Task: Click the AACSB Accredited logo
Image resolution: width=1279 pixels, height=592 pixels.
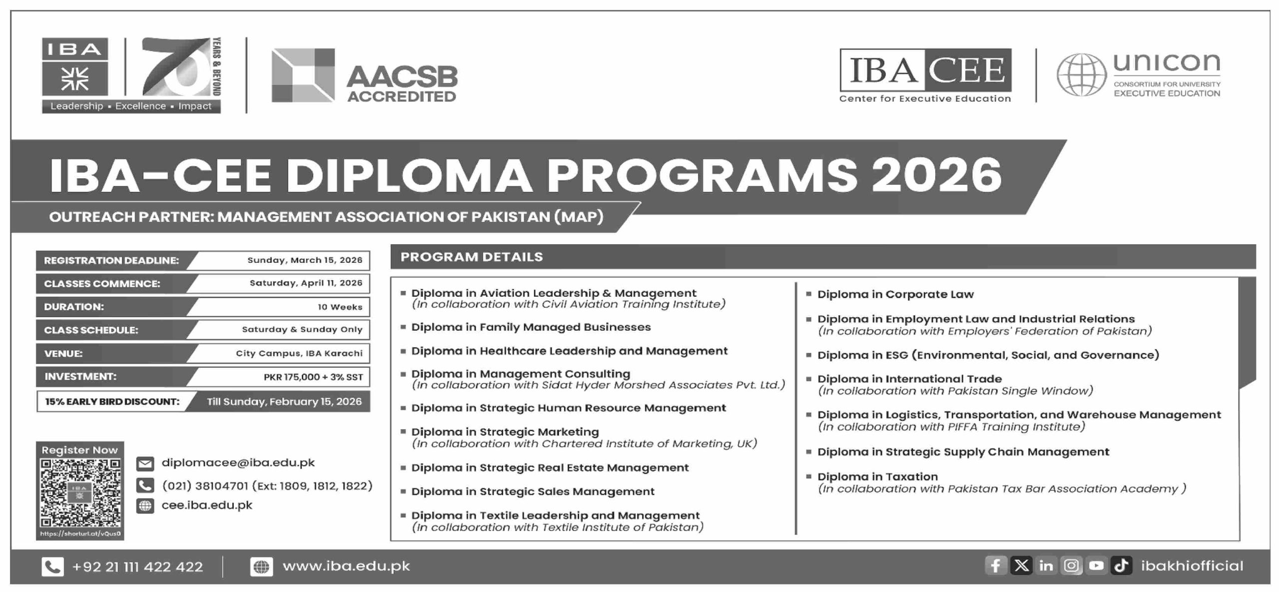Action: tap(364, 76)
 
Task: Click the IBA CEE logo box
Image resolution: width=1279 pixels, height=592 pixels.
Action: tap(925, 70)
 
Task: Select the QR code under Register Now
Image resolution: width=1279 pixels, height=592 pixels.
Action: tap(80, 493)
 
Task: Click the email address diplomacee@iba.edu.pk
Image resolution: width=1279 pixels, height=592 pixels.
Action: tap(238, 463)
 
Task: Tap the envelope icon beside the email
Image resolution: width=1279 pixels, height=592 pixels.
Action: tap(145, 464)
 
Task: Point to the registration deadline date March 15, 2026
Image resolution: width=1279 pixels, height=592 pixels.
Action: tap(305, 260)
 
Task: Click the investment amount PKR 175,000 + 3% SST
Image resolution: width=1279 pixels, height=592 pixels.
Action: tap(313, 377)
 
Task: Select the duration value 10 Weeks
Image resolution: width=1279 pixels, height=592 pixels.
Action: tap(340, 307)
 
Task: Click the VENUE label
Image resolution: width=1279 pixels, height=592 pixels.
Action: tap(63, 353)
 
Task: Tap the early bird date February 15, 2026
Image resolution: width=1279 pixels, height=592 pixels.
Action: tap(284, 402)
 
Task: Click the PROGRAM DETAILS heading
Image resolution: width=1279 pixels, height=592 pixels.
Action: tap(472, 257)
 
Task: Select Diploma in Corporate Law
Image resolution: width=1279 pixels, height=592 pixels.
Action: tap(895, 294)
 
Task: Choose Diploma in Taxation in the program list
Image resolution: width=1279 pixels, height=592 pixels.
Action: tap(877, 477)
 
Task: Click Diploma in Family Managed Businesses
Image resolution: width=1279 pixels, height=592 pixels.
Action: tap(531, 327)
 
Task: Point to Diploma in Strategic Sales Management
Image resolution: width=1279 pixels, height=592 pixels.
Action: tap(533, 492)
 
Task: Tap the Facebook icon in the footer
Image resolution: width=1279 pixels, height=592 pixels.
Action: tap(995, 566)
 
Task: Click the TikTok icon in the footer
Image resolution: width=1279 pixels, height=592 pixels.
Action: tap(1121, 566)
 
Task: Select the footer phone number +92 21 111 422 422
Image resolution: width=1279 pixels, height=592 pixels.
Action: tap(137, 567)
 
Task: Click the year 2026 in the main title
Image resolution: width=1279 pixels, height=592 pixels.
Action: tap(936, 176)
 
